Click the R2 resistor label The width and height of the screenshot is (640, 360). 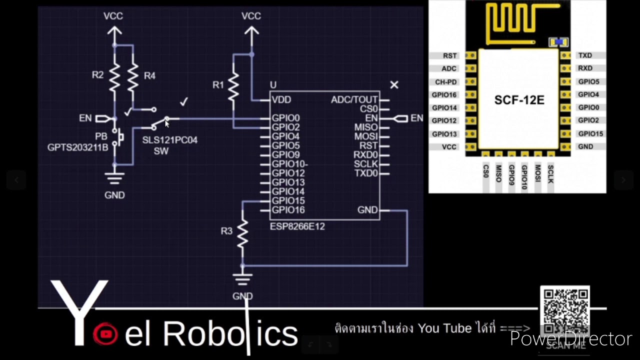pyautogui.click(x=97, y=75)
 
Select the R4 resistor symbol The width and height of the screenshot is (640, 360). pyautogui.click(x=132, y=76)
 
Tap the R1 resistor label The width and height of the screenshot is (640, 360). pyautogui.click(x=218, y=85)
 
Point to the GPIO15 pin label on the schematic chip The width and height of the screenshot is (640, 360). pyautogui.click(x=288, y=201)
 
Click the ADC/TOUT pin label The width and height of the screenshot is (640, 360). pyautogui.click(x=354, y=100)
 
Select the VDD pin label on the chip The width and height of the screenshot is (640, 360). pyautogui.click(x=281, y=100)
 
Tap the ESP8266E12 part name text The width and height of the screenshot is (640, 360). pyautogui.click(x=297, y=226)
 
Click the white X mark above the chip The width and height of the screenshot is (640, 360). pyautogui.click(x=394, y=85)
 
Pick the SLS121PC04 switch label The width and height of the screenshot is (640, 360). pyautogui.click(x=169, y=140)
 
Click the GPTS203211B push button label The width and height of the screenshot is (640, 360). pyautogui.click(x=77, y=147)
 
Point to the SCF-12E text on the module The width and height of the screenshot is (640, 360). pyautogui.click(x=519, y=100)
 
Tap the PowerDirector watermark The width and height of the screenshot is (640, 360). pyautogui.click(x=570, y=339)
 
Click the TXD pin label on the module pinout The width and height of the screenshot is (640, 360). pyautogui.click(x=584, y=55)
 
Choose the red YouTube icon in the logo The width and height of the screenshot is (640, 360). pyautogui.click(x=105, y=334)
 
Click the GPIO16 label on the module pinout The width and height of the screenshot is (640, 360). pyautogui.click(x=444, y=94)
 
